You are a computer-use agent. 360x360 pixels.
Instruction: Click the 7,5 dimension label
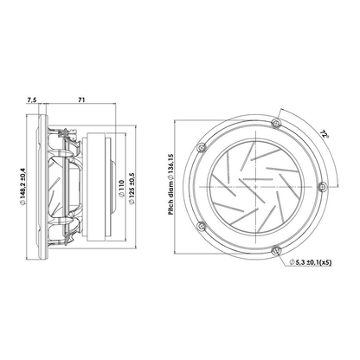(32, 100)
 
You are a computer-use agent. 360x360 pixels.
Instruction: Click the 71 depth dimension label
(81, 100)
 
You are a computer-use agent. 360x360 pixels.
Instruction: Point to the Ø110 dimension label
(121, 189)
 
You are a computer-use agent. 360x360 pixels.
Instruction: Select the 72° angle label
(325, 134)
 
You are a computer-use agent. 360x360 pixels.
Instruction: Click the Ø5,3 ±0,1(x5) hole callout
(311, 262)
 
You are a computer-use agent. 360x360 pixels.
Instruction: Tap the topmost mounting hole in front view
(276, 124)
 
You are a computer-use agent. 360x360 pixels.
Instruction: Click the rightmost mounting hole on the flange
(322, 187)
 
